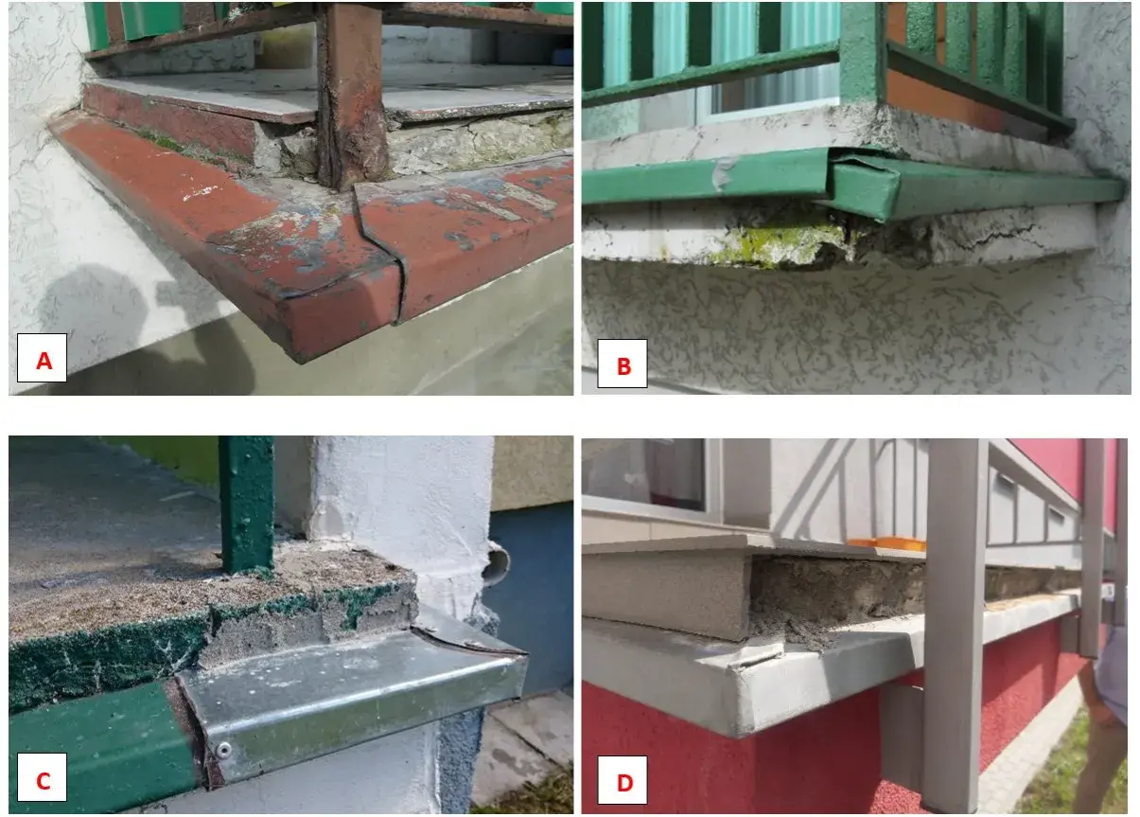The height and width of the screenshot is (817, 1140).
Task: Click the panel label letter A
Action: (44, 361)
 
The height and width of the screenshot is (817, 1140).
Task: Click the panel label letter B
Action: (623, 365)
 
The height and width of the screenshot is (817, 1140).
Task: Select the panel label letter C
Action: (44, 780)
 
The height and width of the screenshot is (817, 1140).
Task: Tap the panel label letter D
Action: (624, 782)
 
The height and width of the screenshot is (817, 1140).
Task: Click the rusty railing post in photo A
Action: (351, 97)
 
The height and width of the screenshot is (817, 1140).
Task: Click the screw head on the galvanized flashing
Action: (223, 749)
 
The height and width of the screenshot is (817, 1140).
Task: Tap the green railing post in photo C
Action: (246, 505)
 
